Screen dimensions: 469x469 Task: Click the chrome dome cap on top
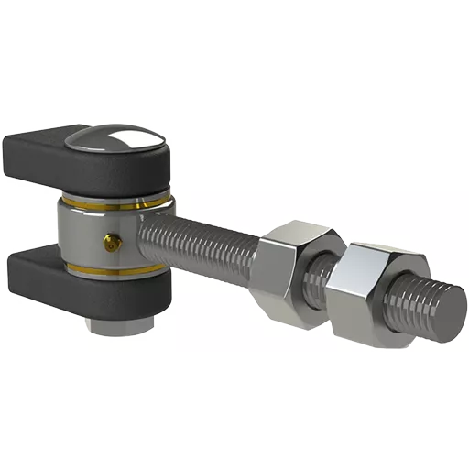[115, 140]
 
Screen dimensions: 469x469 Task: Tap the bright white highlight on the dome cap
[128, 137]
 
